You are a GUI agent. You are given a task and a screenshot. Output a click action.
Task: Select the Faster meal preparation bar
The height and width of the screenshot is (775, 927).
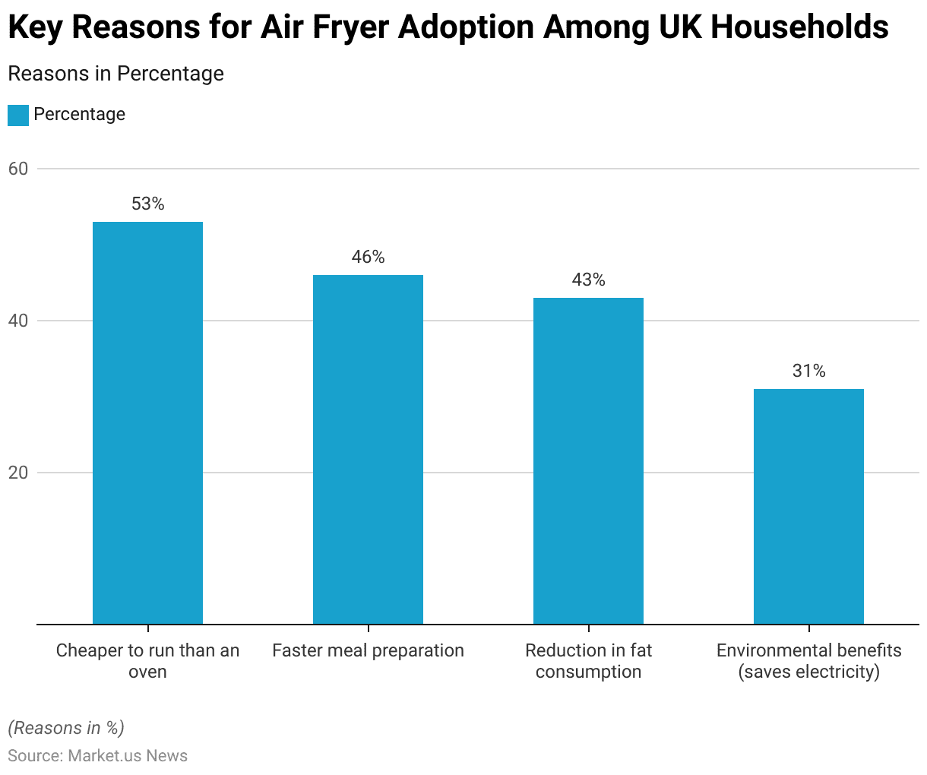coord(368,449)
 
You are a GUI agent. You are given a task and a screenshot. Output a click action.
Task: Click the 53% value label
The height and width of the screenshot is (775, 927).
coord(147,204)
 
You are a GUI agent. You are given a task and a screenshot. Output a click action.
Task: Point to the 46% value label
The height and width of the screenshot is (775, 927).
coord(368,257)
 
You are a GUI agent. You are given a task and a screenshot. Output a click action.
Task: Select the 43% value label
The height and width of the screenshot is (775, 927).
coord(588,280)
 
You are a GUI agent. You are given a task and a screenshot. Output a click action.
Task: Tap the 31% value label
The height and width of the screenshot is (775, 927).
coord(808,371)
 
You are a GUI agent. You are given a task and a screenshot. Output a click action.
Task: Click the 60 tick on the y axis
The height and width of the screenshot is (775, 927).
coord(18,169)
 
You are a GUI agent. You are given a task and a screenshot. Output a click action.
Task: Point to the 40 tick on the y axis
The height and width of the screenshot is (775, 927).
coord(18,321)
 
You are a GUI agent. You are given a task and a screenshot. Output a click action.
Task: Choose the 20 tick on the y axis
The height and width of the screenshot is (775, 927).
coord(18,473)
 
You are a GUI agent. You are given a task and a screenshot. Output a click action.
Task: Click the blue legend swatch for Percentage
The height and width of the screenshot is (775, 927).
coord(18,115)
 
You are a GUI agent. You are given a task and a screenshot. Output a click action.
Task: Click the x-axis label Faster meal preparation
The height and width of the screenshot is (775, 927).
coord(368,650)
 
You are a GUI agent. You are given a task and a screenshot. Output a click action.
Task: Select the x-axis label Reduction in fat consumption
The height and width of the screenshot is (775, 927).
coord(588,661)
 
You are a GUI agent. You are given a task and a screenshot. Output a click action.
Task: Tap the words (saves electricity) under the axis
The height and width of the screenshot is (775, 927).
coord(808,672)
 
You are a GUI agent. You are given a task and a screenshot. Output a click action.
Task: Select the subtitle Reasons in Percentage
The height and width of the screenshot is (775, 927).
coord(115,74)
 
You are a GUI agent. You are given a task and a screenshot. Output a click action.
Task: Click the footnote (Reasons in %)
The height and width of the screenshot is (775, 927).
coord(66,728)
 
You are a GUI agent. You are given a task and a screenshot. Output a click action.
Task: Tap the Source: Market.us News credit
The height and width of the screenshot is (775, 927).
coord(97,756)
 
